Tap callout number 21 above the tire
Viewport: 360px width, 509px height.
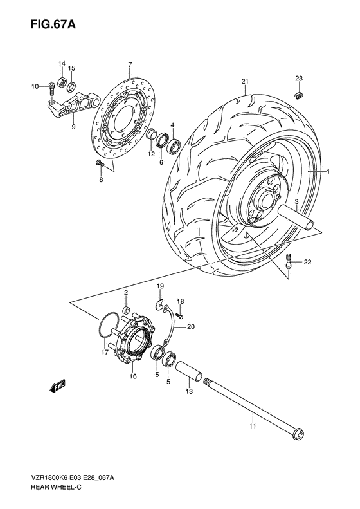coord(245,80)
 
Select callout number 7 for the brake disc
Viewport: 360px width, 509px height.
coord(129,64)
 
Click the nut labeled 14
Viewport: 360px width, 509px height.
coord(62,80)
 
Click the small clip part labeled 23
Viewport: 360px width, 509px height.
coord(298,95)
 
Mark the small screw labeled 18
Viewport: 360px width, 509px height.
coord(181,315)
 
